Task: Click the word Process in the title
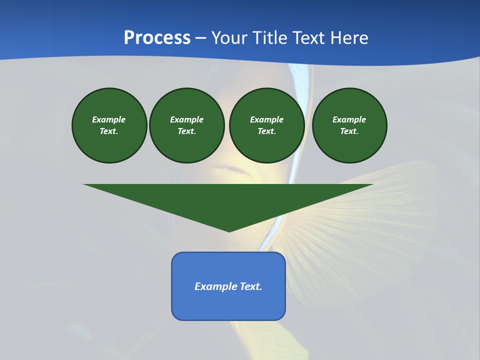tap(157, 38)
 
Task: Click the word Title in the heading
tap(270, 38)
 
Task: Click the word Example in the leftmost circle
tap(109, 119)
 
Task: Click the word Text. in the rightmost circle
tap(349, 131)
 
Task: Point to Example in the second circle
tap(186, 119)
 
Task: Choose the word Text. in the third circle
tap(266, 131)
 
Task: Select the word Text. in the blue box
tap(251, 286)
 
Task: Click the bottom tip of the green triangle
tap(229, 230)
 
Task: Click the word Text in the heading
tap(308, 38)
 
